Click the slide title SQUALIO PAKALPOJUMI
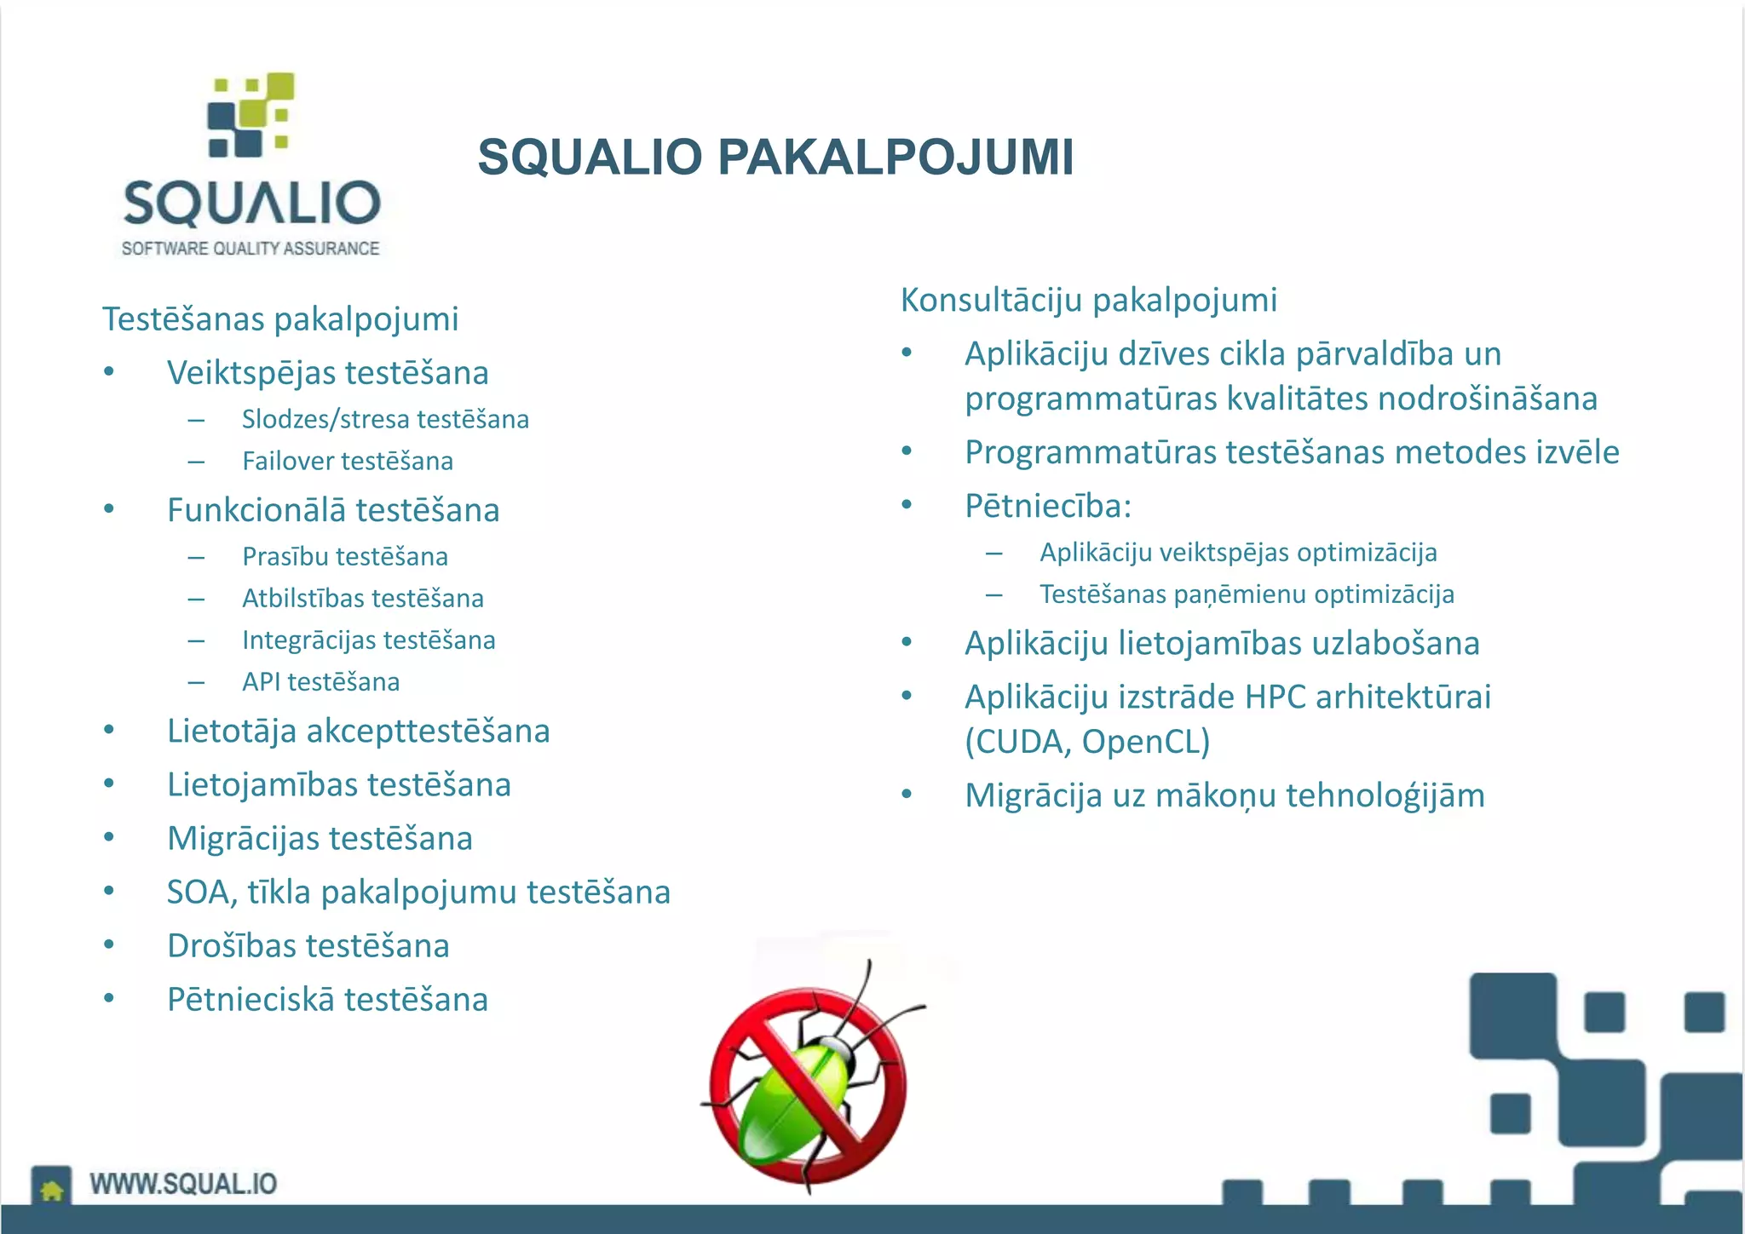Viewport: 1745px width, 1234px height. pos(775,158)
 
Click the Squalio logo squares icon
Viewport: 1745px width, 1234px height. pos(251,115)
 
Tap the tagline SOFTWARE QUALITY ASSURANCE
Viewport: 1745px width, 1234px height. pos(251,249)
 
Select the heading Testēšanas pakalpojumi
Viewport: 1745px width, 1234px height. pos(280,319)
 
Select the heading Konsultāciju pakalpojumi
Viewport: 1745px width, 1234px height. pos(1088,300)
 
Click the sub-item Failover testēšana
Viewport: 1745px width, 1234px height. pos(347,462)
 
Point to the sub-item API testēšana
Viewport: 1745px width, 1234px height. pos(320,682)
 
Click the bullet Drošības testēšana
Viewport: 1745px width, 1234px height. pos(308,946)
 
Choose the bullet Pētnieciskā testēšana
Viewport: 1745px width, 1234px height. pos(327,1000)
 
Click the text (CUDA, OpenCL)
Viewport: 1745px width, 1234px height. pos(1086,742)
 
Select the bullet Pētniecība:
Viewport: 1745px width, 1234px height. pos(1047,507)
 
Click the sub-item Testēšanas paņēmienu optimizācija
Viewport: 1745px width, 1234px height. pos(1246,594)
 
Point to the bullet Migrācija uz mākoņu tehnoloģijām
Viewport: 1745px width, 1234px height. pos(1224,796)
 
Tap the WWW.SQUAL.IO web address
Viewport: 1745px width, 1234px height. pos(183,1185)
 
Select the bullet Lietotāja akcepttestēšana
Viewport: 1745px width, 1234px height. pos(358,732)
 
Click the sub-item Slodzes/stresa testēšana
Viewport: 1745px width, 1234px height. pos(385,420)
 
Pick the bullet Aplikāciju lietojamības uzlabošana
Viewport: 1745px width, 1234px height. pos(1221,644)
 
